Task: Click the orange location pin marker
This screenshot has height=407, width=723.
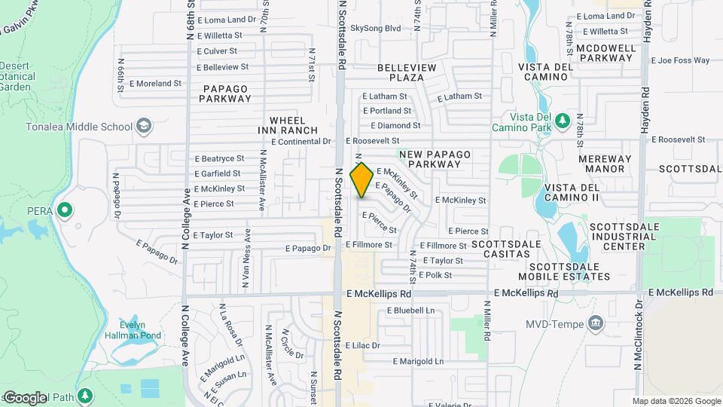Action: click(361, 179)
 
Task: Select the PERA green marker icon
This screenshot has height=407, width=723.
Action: click(66, 209)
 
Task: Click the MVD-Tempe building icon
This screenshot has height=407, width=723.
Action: click(596, 324)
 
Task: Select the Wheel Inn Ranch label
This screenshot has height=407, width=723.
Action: click(282, 125)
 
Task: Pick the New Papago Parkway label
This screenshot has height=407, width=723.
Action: click(435, 159)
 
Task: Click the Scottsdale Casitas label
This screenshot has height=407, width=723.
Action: click(506, 249)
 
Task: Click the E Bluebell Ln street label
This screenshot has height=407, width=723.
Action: click(410, 310)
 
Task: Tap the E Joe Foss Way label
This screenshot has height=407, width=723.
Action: click(681, 60)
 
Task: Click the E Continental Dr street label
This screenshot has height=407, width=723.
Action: click(300, 141)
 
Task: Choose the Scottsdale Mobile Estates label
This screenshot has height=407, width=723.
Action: click(569, 271)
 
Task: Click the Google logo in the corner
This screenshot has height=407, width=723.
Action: click(25, 397)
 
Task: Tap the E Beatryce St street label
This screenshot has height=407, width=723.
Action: click(219, 158)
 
